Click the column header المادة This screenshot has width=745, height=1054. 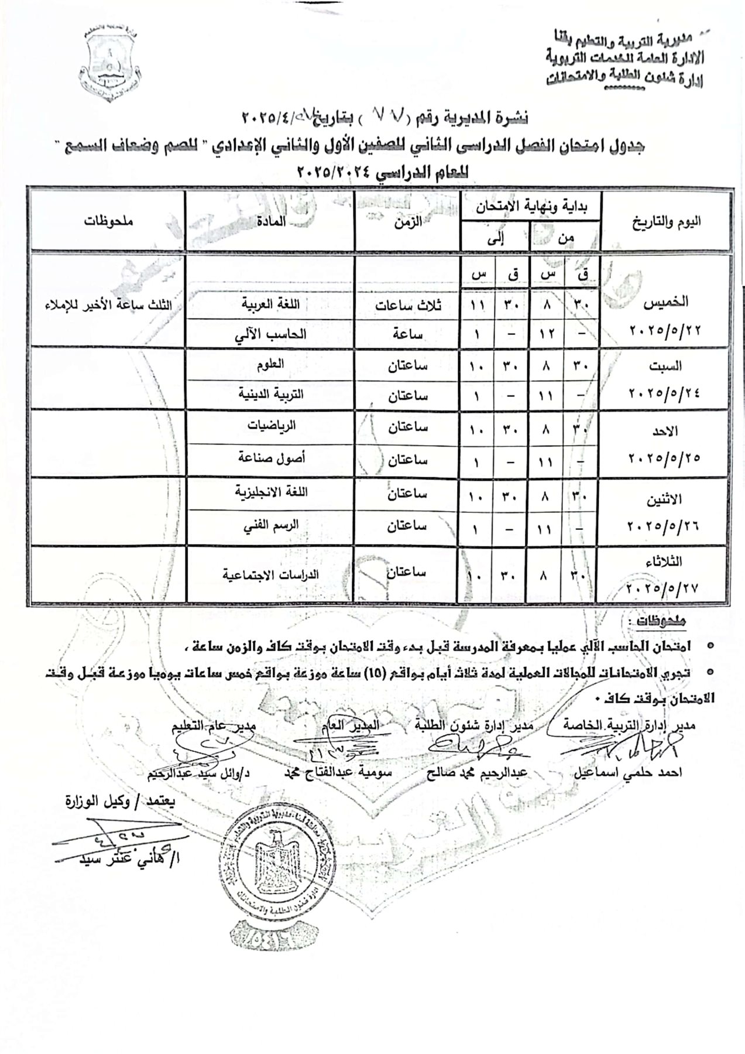[271, 222]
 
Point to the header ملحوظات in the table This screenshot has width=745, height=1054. [108, 221]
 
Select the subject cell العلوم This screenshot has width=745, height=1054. [270, 364]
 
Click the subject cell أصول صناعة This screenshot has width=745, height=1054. [269, 458]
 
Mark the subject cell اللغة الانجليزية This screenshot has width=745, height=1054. [271, 491]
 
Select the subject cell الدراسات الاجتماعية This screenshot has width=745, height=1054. [270, 574]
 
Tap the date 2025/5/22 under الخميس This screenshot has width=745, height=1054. [664, 330]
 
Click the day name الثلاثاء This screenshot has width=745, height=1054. [662, 561]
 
